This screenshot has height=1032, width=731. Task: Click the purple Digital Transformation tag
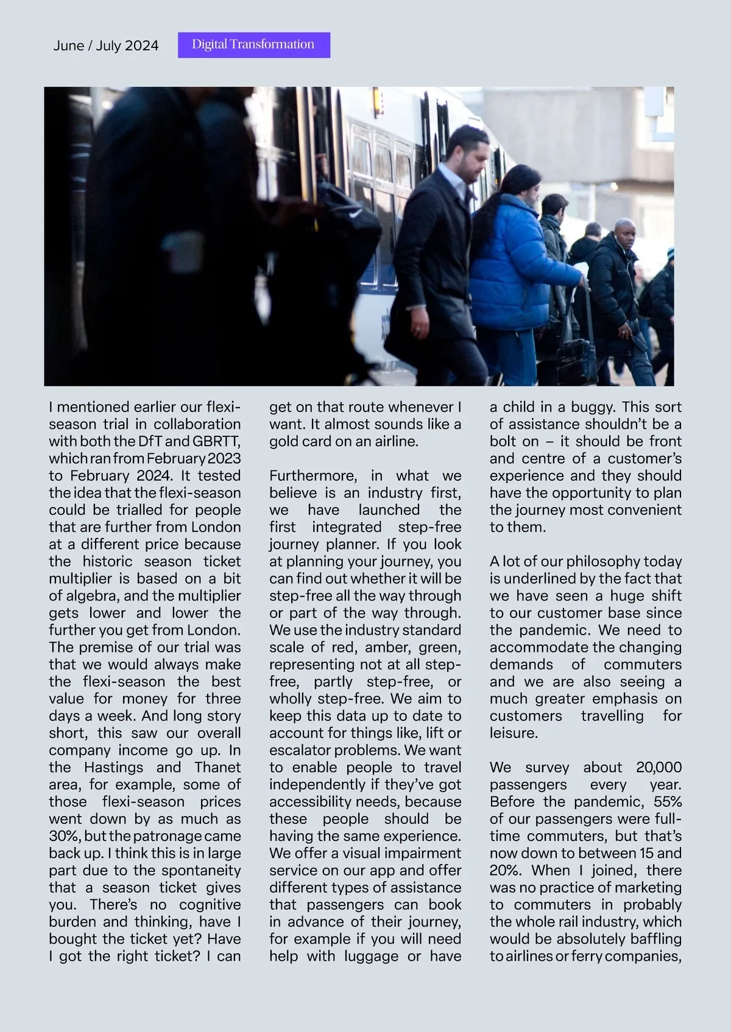point(253,45)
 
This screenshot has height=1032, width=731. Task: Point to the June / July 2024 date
point(106,46)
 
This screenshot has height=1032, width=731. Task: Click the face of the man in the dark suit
point(472,158)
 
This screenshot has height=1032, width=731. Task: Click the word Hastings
point(114,767)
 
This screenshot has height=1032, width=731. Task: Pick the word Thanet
point(217,767)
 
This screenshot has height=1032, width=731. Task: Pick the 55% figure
point(668,802)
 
